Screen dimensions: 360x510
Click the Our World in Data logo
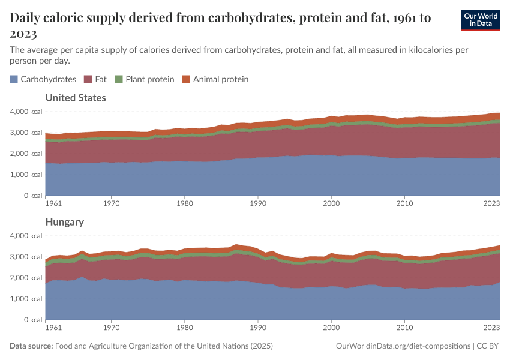(x=480, y=20)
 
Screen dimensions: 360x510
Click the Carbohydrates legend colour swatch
(x=14, y=79)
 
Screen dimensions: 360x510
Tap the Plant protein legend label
(x=149, y=79)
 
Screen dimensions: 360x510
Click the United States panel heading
(x=76, y=98)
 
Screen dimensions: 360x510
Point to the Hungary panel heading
(x=64, y=222)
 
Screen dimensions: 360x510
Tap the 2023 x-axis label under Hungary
(x=491, y=328)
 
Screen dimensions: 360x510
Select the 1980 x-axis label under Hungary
(x=185, y=328)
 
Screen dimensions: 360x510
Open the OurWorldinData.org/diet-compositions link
(x=403, y=346)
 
